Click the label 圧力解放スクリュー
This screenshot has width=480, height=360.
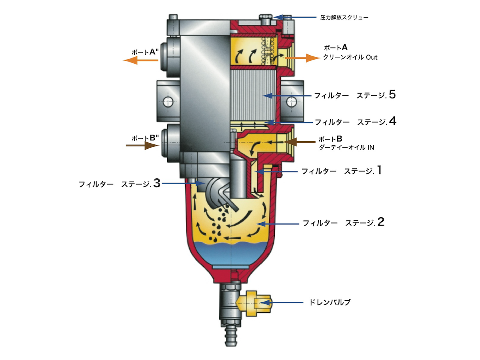click(x=344, y=18)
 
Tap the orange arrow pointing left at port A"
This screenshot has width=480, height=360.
click(x=140, y=60)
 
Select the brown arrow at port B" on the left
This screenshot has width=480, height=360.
click(x=142, y=146)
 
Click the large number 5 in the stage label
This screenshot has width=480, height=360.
click(x=392, y=95)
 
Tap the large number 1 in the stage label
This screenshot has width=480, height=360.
click(x=379, y=171)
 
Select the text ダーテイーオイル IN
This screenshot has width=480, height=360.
click(x=346, y=147)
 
